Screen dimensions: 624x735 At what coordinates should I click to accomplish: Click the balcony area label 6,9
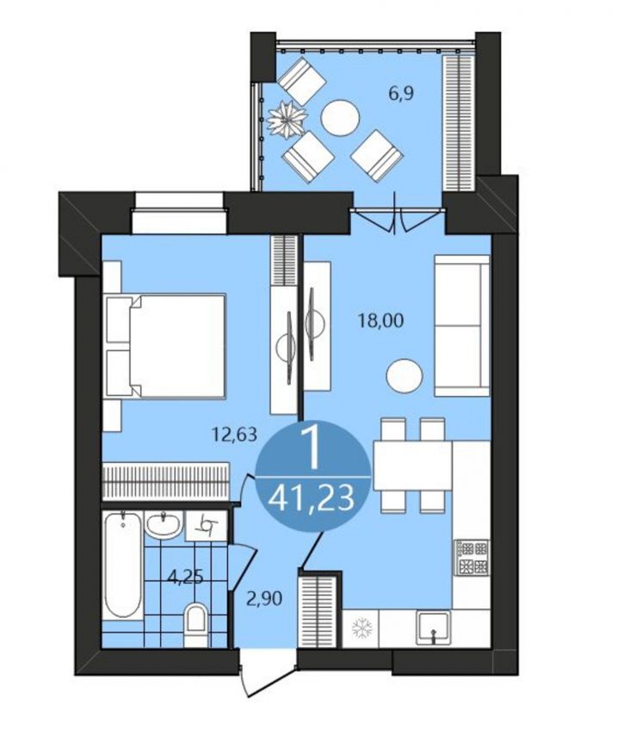tap(401, 94)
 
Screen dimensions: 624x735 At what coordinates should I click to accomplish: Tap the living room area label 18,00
tap(380, 321)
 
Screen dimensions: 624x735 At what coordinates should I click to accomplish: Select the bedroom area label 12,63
tap(234, 435)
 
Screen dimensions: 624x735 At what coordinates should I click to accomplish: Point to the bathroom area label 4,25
tap(185, 577)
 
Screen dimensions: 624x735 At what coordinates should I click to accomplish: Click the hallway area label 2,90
tap(265, 599)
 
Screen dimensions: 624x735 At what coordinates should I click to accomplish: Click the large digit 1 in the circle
tap(311, 450)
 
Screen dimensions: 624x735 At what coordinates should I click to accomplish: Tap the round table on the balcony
tap(340, 118)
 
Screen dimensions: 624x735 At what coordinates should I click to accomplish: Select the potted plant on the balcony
tap(287, 119)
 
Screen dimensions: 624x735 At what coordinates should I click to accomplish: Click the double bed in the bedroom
tap(166, 346)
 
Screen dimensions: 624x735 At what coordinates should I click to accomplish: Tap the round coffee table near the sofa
tap(405, 376)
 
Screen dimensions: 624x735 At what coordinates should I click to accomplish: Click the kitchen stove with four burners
tap(473, 558)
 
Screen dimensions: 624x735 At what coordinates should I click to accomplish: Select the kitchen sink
tap(434, 627)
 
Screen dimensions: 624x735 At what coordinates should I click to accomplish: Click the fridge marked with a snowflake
tap(361, 627)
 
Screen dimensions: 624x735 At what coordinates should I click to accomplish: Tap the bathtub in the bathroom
tap(123, 565)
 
